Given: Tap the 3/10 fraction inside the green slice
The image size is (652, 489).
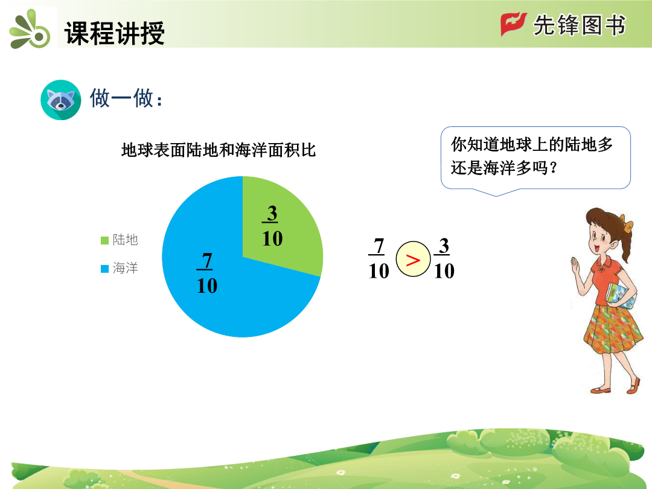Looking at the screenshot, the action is click(272, 226).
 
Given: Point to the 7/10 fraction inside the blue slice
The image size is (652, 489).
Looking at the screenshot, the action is click(206, 273).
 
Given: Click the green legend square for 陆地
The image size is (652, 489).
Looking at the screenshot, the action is click(105, 240).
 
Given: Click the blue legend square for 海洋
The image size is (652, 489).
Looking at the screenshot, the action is click(105, 269).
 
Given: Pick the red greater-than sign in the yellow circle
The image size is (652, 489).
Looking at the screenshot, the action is click(413, 260).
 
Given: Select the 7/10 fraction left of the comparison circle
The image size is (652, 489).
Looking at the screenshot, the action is click(379, 258).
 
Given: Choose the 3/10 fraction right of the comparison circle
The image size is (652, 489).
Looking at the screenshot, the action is click(444, 258).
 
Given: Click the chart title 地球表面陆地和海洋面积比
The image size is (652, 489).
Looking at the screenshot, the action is click(219, 150).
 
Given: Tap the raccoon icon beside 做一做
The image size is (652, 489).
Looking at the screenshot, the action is click(61, 100).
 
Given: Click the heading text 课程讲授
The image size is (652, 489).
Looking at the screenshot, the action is click(114, 33).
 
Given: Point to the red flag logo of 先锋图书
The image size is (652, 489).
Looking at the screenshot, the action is click(513, 24).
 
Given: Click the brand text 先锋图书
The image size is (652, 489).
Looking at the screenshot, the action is click(579, 25).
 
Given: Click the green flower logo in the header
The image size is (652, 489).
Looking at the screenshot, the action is click(30, 29).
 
